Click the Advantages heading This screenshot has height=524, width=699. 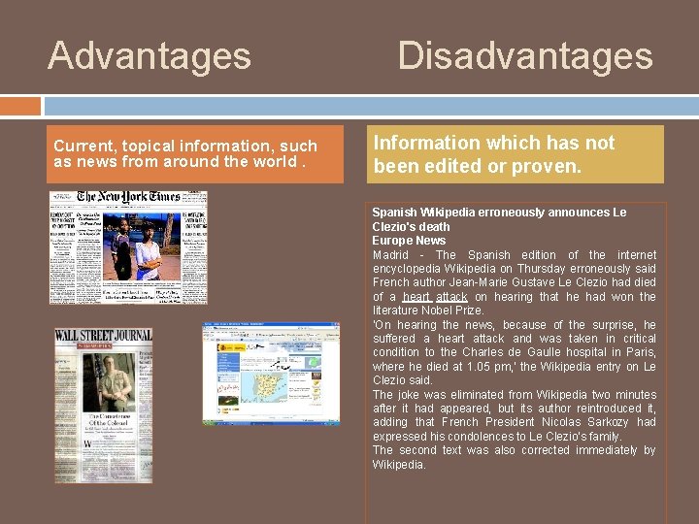[x=150, y=55]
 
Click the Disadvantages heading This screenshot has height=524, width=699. [x=525, y=55]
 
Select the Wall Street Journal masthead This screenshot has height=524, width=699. [x=104, y=336]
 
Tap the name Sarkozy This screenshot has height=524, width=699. [x=632, y=422]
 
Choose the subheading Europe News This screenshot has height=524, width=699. [x=409, y=241]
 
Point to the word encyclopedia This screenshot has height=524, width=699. [x=413, y=269]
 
